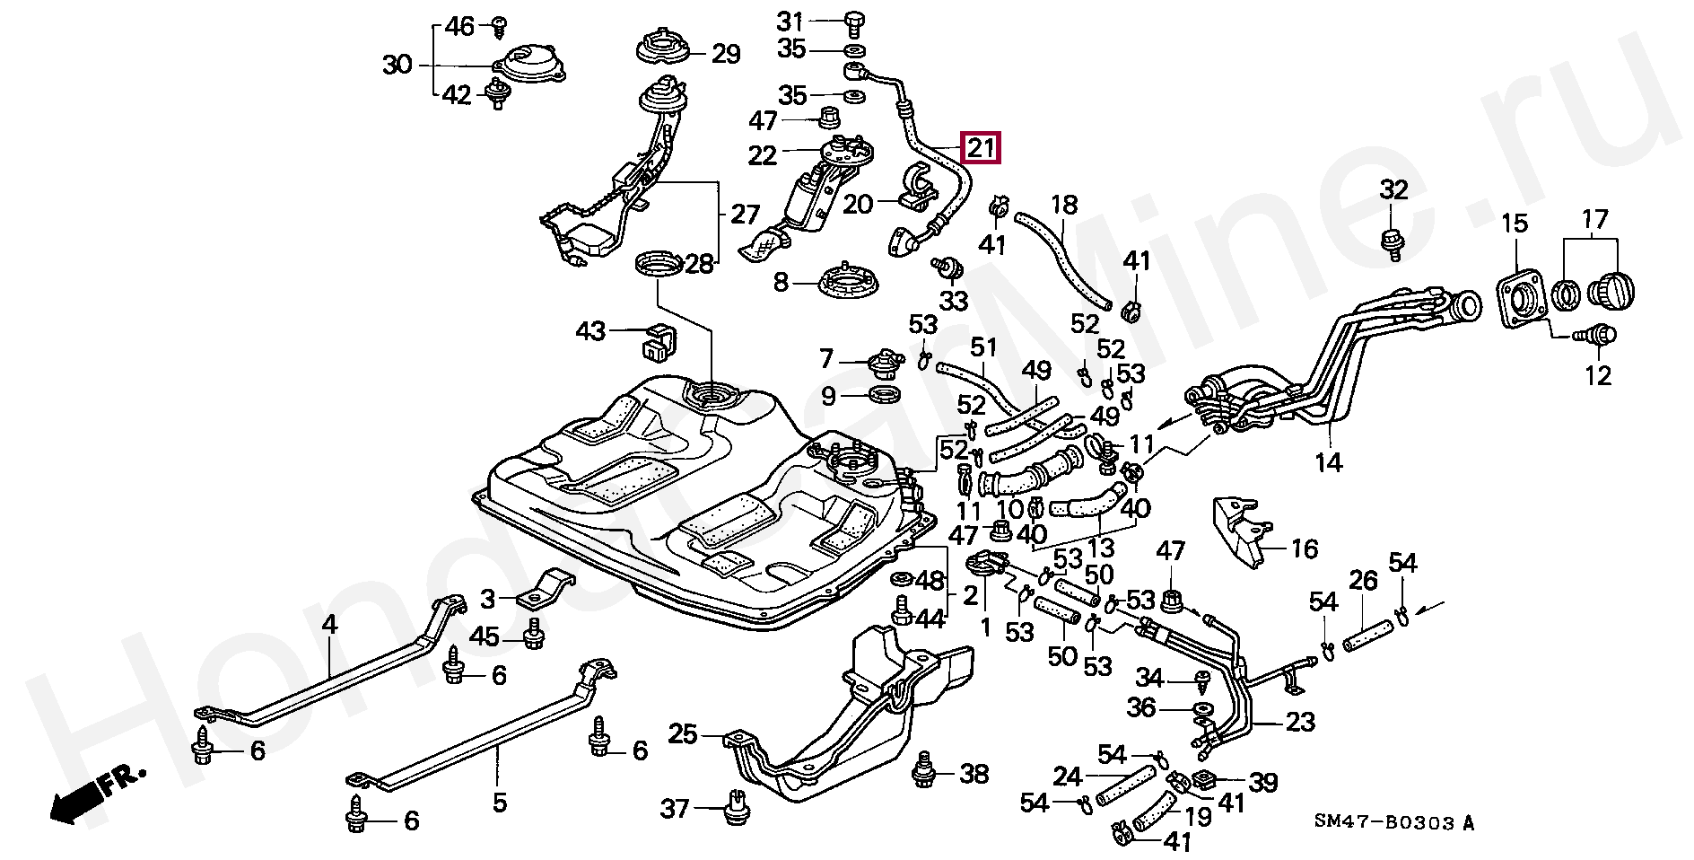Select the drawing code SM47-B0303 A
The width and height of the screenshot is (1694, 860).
(1393, 821)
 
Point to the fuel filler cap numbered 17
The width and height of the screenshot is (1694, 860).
(1611, 290)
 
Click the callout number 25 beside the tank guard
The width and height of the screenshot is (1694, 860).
(684, 735)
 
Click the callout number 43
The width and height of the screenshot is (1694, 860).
(590, 331)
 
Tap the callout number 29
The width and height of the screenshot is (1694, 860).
(726, 55)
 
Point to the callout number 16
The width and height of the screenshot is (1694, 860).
(1304, 548)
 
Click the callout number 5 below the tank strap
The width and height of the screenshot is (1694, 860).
(500, 801)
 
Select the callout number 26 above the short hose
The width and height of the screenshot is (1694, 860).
(1363, 582)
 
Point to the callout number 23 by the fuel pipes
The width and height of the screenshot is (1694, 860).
(1300, 721)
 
